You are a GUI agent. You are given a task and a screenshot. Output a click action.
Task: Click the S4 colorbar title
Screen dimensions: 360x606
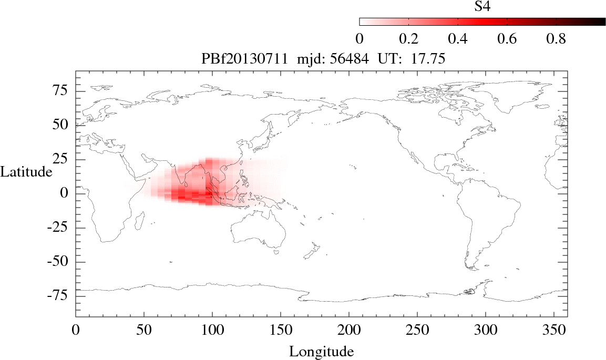482,7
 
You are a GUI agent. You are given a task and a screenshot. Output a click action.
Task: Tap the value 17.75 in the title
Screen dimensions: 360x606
429,59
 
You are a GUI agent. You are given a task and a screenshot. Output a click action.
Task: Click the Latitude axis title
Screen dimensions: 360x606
26,171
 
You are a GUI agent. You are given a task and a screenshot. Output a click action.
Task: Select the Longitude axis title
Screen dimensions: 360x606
321,351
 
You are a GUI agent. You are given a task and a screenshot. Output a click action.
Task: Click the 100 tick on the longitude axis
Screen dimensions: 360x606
212,331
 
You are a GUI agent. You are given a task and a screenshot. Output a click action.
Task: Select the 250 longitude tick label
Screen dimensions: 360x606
417,331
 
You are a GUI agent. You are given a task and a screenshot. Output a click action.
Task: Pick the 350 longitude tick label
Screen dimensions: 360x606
553,331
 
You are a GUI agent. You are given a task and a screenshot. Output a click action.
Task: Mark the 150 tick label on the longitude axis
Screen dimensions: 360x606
280,331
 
